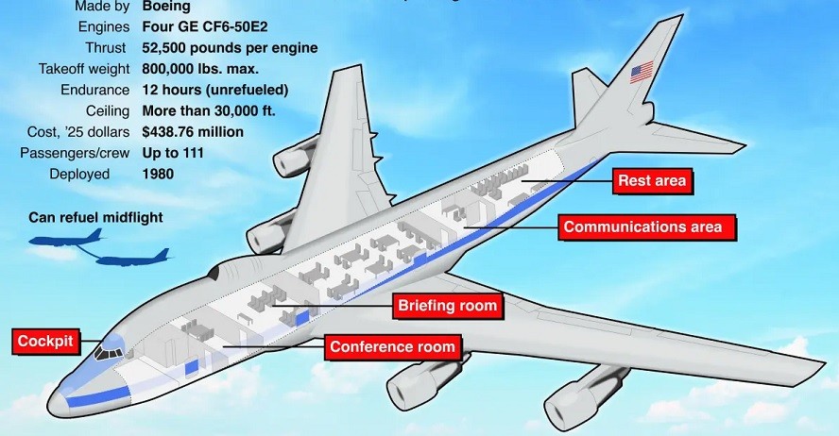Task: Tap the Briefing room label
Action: tap(446, 306)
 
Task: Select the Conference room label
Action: tap(392, 347)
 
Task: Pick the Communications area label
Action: tap(642, 226)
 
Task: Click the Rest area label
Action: tap(652, 180)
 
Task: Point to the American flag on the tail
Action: tap(642, 72)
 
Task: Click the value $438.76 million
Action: tap(192, 131)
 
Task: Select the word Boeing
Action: tap(165, 7)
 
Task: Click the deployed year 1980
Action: tap(157, 174)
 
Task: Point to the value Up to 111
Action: tap(173, 152)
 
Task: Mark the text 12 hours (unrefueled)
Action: tap(214, 90)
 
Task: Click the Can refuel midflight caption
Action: tap(95, 217)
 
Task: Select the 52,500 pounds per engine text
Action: tap(229, 48)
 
